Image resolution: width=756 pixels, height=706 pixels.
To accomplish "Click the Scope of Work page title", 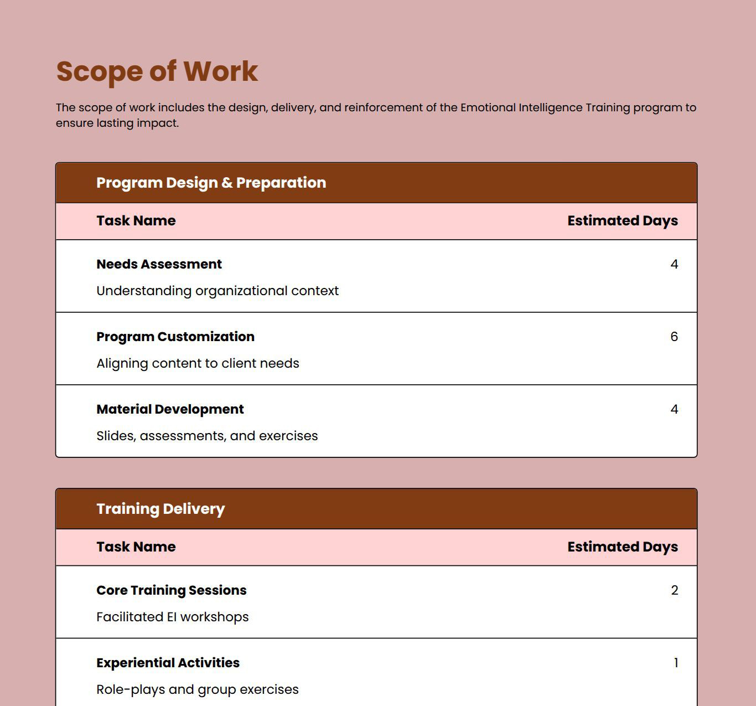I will tap(157, 71).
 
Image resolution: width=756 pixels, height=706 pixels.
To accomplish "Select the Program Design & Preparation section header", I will tap(211, 183).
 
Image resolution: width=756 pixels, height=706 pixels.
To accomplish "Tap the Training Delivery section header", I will tap(160, 509).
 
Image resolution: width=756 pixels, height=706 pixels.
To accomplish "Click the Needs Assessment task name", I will tap(159, 264).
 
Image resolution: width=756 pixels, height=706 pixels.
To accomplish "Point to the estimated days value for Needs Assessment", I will tap(674, 264).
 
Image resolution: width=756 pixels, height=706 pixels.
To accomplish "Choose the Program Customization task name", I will tap(175, 337).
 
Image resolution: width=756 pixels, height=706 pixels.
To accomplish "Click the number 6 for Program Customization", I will tap(674, 337).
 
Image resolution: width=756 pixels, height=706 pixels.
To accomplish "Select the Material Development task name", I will tap(170, 409).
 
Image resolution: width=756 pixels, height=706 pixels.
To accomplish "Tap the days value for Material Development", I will tap(674, 409).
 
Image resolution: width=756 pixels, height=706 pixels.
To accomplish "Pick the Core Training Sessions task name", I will tap(172, 590).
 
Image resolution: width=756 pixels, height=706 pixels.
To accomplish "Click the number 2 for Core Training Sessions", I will tap(674, 590).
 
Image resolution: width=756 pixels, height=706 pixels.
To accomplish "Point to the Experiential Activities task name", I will tap(168, 663).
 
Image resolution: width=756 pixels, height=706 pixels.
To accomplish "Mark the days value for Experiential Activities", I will tap(676, 663).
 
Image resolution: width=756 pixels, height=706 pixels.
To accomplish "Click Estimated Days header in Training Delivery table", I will tap(623, 547).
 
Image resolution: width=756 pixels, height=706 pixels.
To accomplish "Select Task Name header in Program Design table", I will tap(136, 220).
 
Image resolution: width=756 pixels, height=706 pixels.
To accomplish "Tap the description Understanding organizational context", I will tap(218, 291).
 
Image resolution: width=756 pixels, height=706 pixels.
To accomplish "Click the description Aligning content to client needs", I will tap(198, 363).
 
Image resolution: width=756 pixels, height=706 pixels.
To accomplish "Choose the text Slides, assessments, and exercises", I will tap(207, 436).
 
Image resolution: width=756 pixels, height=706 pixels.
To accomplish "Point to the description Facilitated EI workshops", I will tap(173, 617).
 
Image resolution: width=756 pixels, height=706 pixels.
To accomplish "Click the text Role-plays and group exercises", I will tap(198, 689).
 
